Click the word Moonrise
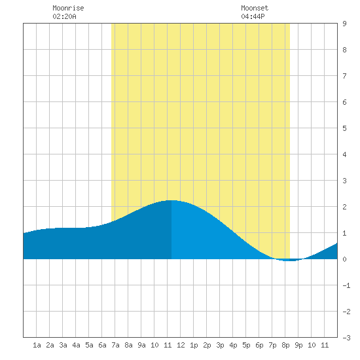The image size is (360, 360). pyautogui.click(x=68, y=8)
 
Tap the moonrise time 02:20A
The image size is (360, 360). pyautogui.click(x=64, y=16)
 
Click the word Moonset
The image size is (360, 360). pyautogui.click(x=255, y=8)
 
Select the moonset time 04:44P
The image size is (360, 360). pyautogui.click(x=253, y=16)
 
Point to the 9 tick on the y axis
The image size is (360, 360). pyautogui.click(x=344, y=24)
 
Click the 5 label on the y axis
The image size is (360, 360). pyautogui.click(x=344, y=128)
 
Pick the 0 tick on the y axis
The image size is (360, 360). pyautogui.click(x=344, y=259)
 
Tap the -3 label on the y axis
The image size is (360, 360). pyautogui.click(x=346, y=338)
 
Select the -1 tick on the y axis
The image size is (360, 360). pyautogui.click(x=346, y=285)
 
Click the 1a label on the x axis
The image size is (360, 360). pyautogui.click(x=37, y=345)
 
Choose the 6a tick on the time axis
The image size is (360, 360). pyautogui.click(x=102, y=345)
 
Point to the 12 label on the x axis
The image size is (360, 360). pyautogui.click(x=181, y=345)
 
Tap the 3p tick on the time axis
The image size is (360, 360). pyautogui.click(x=220, y=345)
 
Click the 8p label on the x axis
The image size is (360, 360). pyautogui.click(x=285, y=345)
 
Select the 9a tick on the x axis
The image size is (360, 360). pyautogui.click(x=141, y=345)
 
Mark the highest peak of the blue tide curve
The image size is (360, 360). pyautogui.click(x=171, y=201)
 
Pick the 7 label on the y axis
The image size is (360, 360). pyautogui.click(x=344, y=76)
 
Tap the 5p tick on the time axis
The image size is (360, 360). pyautogui.click(x=246, y=345)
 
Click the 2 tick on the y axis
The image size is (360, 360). pyautogui.click(x=344, y=207)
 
